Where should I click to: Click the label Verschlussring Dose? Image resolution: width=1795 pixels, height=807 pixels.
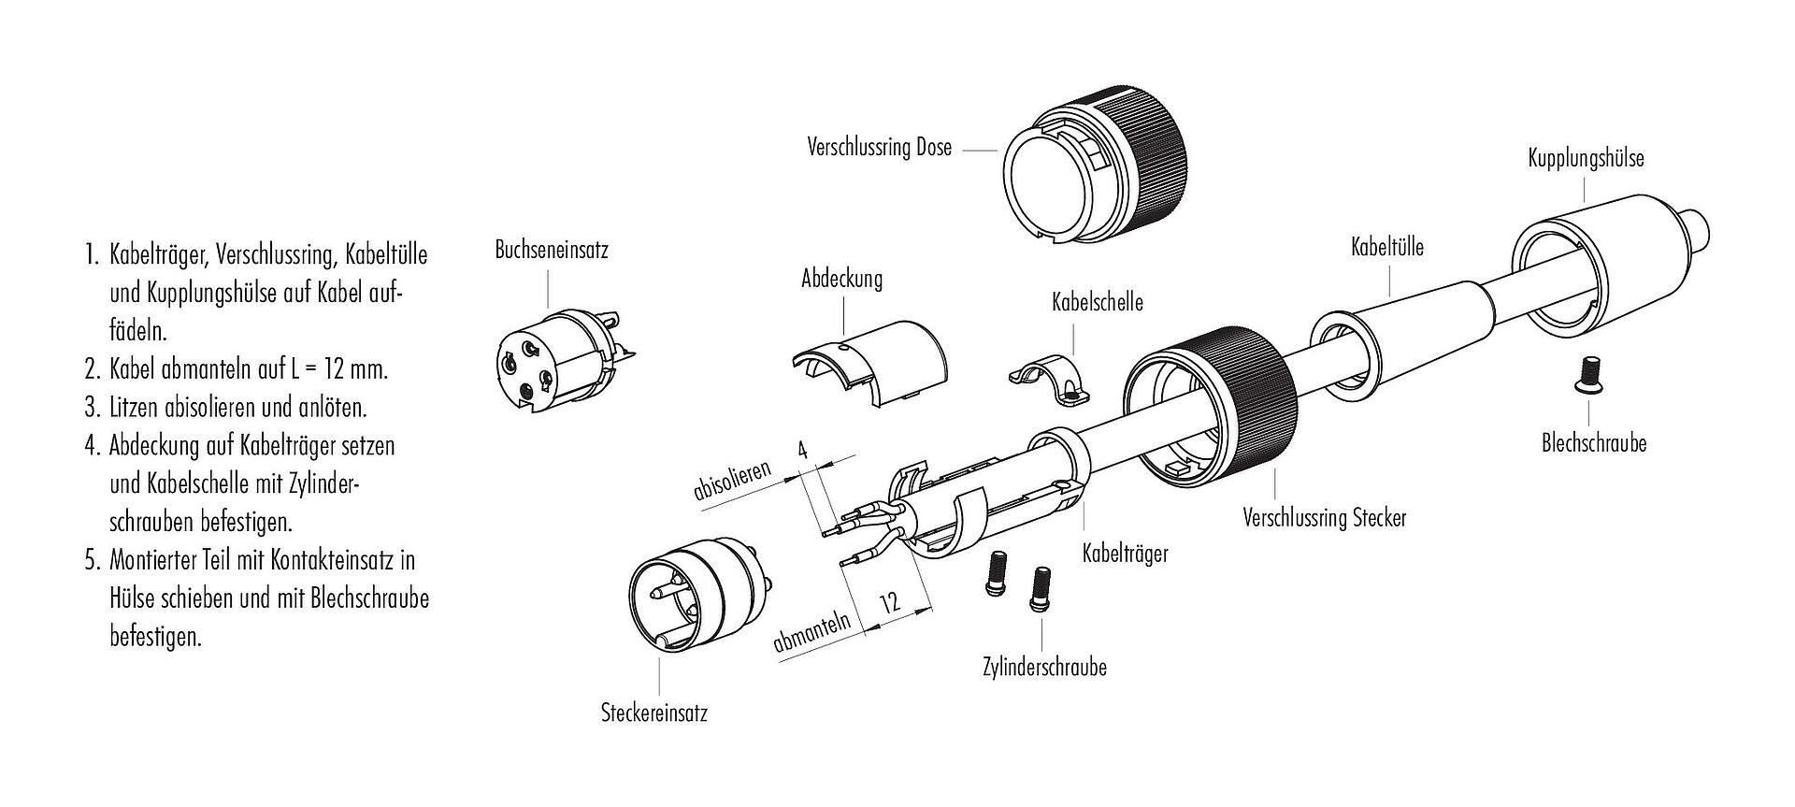pyautogui.click(x=879, y=148)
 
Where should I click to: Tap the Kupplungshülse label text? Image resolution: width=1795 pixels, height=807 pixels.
pyautogui.click(x=1586, y=158)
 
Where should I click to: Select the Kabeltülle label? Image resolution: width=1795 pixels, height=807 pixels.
pyautogui.click(x=1386, y=247)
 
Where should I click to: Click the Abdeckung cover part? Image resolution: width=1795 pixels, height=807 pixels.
pyautogui.click(x=869, y=364)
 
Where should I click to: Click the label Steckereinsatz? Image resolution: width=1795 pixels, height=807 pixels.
pyautogui.click(x=653, y=714)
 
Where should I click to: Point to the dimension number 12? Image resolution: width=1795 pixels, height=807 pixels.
pyautogui.click(x=890, y=601)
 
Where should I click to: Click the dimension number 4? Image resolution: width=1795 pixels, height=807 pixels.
pyautogui.click(x=800, y=449)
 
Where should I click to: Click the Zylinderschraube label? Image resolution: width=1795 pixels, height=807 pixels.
pyautogui.click(x=1044, y=668)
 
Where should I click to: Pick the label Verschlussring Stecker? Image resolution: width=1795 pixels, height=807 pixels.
pyautogui.click(x=1324, y=517)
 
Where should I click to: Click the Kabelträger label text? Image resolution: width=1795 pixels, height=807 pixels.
pyautogui.click(x=1125, y=554)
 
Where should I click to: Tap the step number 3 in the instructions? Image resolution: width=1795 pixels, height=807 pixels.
pyautogui.click(x=92, y=408)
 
